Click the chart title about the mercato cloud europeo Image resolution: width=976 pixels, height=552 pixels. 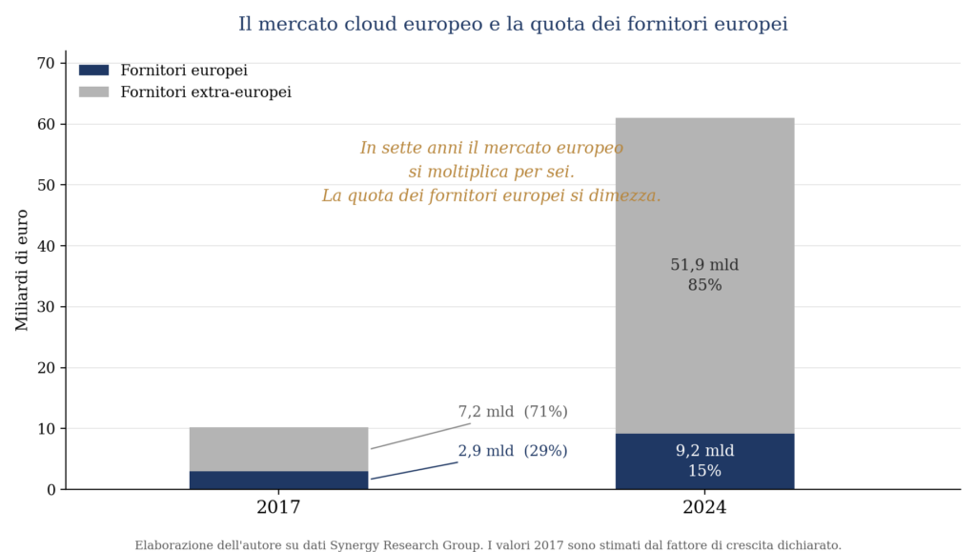coord(513,24)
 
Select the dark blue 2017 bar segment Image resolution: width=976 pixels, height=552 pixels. coord(279,480)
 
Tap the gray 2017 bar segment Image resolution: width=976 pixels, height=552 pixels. coord(279,449)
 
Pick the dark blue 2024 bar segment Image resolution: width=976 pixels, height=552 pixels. coord(704,461)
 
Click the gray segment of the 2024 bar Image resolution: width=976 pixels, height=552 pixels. coord(704,276)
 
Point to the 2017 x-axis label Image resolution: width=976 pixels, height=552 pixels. coord(278,507)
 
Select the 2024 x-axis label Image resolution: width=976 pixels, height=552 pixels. coord(704,507)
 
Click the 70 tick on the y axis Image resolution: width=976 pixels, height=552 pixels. coord(46,63)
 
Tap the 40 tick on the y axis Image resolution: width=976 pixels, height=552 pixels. coord(46,246)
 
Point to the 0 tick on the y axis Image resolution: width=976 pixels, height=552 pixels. coord(51,490)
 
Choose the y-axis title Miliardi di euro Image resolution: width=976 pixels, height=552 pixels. coord(22,270)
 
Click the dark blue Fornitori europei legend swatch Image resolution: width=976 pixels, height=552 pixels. coord(94,71)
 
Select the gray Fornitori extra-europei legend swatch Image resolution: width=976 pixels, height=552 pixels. coord(94,92)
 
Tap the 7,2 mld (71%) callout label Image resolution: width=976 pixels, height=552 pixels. coord(513,412)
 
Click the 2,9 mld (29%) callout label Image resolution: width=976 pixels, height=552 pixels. coord(513,451)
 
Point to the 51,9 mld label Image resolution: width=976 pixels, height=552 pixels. coord(704,265)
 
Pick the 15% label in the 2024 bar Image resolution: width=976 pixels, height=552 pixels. coord(704,471)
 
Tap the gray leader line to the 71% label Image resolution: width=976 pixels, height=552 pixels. coord(420,437)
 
